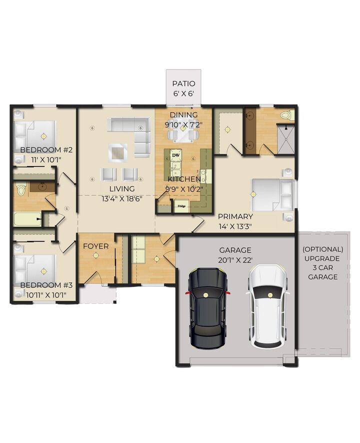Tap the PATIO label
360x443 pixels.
183,84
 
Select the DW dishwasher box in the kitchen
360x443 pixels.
176,155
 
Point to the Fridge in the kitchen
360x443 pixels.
181,204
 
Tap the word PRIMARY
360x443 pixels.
235,216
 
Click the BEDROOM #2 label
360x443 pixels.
46,150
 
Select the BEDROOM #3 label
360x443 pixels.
46,285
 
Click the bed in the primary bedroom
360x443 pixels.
272,194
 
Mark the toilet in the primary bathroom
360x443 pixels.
286,115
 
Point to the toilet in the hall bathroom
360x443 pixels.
21,189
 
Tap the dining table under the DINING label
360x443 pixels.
183,133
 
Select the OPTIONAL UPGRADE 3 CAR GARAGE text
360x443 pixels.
322,262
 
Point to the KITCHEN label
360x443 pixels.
184,179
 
